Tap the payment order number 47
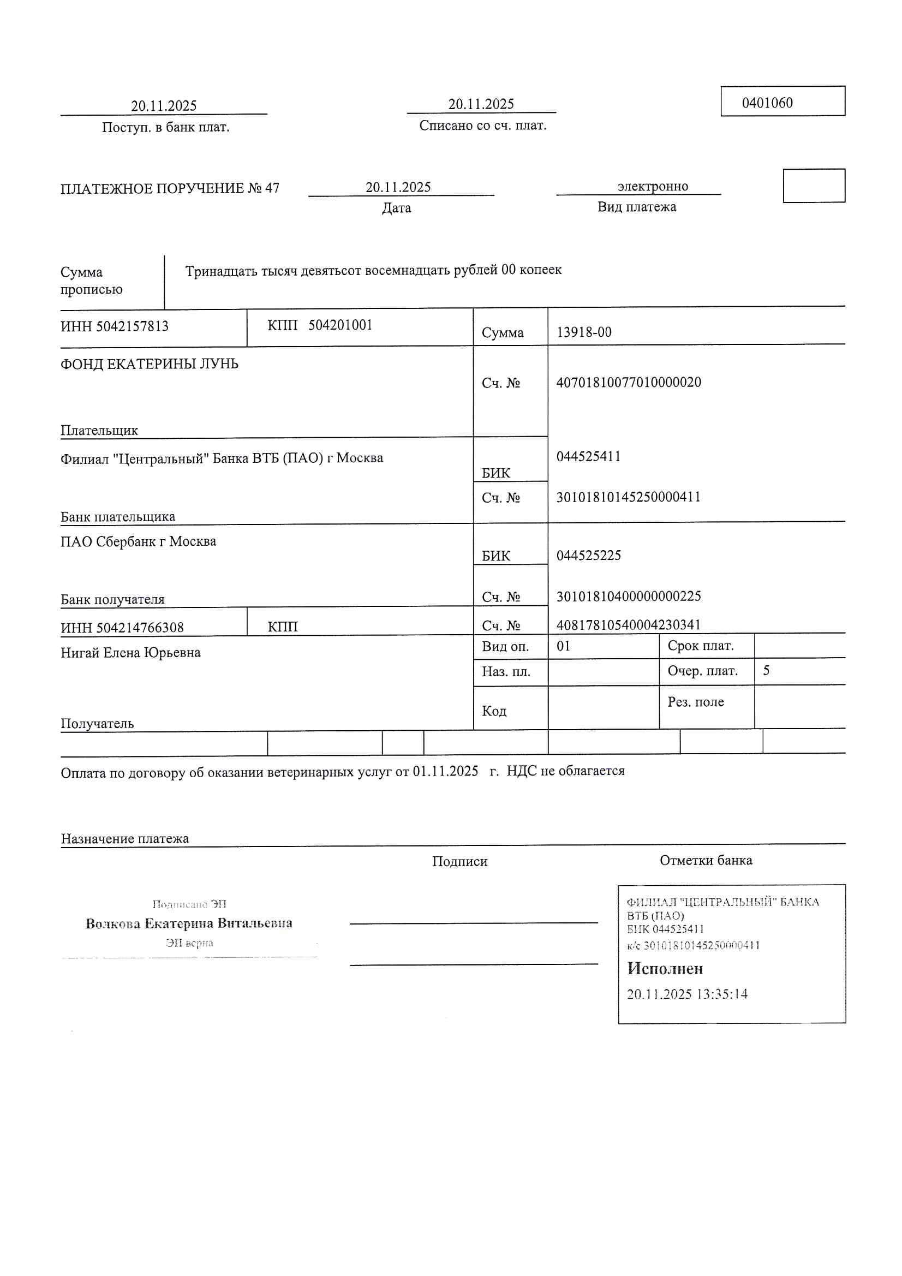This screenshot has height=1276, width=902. pyautogui.click(x=272, y=188)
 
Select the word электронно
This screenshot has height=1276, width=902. pyautogui.click(x=653, y=186)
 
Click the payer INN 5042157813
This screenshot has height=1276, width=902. pyautogui.click(x=132, y=326)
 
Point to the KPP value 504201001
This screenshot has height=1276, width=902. pyautogui.click(x=340, y=325)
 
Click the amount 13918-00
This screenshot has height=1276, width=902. pyautogui.click(x=583, y=332)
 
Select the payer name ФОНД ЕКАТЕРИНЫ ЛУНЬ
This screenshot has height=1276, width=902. pyautogui.click(x=149, y=364)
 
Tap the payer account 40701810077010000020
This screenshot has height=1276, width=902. pyautogui.click(x=628, y=383)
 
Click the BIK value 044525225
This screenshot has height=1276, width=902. pyautogui.click(x=589, y=555)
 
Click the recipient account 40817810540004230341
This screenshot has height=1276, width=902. pyautogui.click(x=628, y=625)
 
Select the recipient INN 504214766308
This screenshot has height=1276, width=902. pyautogui.click(x=140, y=628)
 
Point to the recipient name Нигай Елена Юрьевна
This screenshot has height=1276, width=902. pyautogui.click(x=130, y=652)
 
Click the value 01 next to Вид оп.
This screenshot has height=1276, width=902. pyautogui.click(x=563, y=646)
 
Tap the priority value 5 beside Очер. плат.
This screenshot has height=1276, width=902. pyautogui.click(x=766, y=670)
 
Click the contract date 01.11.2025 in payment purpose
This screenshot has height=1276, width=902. pyautogui.click(x=445, y=771)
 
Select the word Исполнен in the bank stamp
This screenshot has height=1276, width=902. pyautogui.click(x=665, y=969)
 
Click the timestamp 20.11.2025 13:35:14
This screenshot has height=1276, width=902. pyautogui.click(x=687, y=994)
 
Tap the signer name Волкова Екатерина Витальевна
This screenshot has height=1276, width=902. pyautogui.click(x=189, y=923)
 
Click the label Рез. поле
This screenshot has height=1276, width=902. pyautogui.click(x=695, y=702)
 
